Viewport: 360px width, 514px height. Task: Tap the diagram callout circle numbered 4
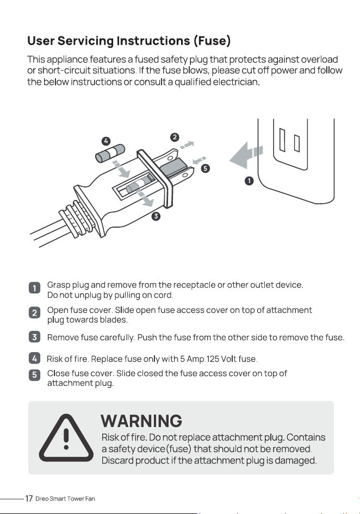[x=105, y=141]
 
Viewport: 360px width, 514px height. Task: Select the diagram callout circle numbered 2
[x=175, y=137]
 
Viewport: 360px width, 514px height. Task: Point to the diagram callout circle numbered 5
[x=206, y=168]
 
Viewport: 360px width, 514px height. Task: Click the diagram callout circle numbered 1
[x=250, y=180]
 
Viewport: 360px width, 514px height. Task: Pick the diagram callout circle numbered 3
[x=156, y=216]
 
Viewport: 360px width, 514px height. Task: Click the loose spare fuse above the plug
[x=110, y=153]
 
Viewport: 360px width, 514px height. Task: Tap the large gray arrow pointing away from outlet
[x=246, y=155]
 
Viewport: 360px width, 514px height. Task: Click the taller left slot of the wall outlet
[x=282, y=140]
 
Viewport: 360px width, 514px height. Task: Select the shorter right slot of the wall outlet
[x=297, y=143]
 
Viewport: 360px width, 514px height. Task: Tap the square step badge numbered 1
[x=34, y=288]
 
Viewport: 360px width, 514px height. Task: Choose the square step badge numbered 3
[x=34, y=337]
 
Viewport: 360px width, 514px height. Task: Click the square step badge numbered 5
[x=34, y=374]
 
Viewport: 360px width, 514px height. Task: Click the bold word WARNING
[x=141, y=421]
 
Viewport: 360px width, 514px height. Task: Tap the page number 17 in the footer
[x=29, y=499]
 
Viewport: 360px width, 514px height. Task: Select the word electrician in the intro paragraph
[x=236, y=82]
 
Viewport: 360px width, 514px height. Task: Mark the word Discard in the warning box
[x=118, y=460]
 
